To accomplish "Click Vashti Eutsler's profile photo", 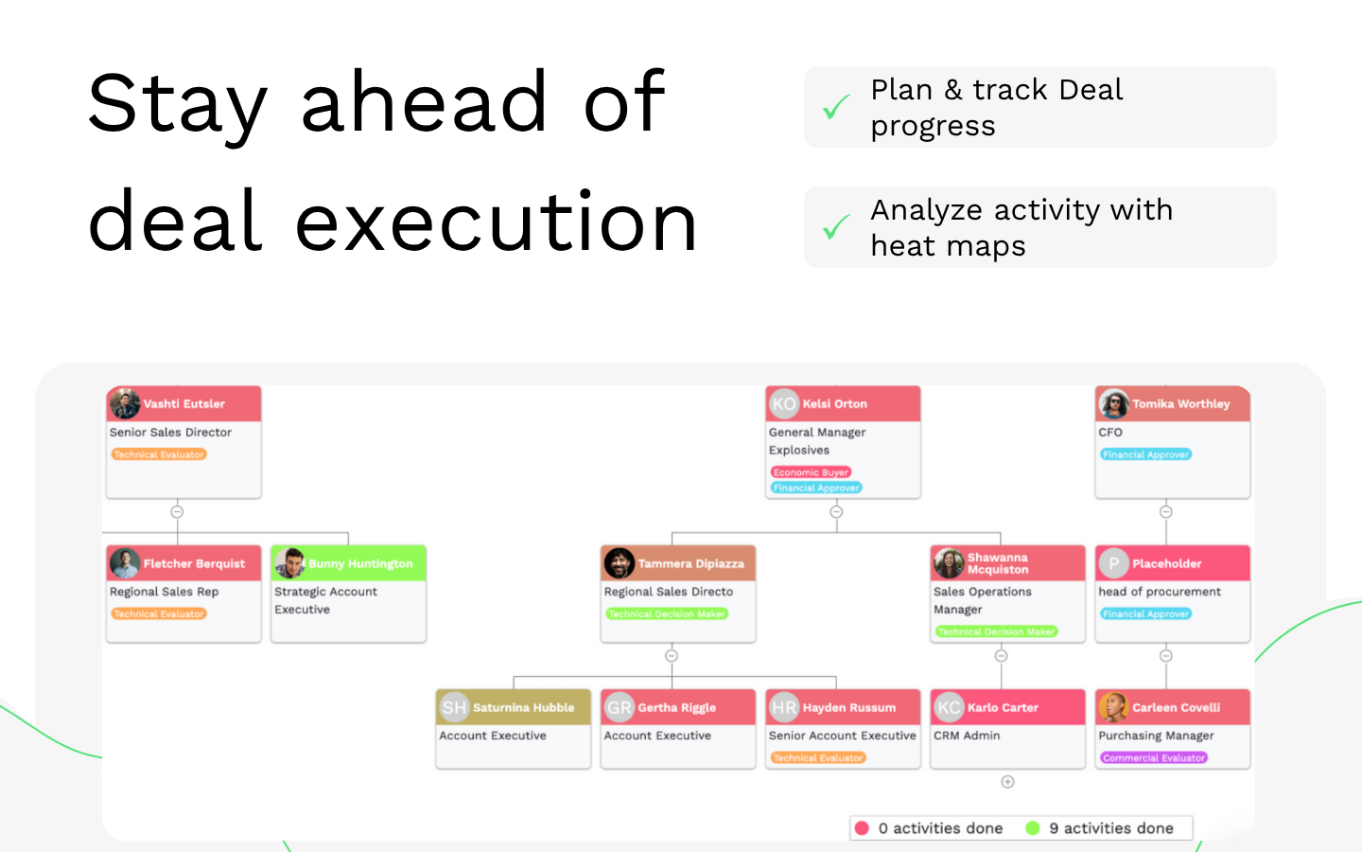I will [x=125, y=403].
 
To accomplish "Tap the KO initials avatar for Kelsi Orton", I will [x=784, y=403].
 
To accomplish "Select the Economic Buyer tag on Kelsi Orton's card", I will [x=811, y=472].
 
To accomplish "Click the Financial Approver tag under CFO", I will [x=1145, y=454].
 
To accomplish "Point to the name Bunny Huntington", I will [x=360, y=563].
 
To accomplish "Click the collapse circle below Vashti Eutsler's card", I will [x=177, y=512].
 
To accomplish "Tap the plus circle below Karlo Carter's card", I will [x=1007, y=782].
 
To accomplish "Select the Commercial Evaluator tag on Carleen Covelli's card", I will [x=1154, y=757].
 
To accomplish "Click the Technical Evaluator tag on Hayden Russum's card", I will [x=818, y=757].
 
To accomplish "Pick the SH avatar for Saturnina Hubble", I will [x=454, y=707].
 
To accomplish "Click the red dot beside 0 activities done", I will [x=862, y=828].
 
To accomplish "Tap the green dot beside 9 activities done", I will [x=1033, y=828].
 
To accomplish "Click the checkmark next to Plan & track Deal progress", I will [x=836, y=108].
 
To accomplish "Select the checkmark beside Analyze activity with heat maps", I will [x=836, y=227].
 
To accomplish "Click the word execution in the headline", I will [x=497, y=222].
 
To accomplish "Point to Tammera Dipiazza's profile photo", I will [x=620, y=563].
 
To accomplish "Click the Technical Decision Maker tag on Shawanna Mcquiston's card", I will [x=996, y=631].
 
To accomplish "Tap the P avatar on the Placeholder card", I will [x=1114, y=563].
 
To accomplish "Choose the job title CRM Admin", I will [x=967, y=736].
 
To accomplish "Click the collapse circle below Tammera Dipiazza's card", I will [x=672, y=656].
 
